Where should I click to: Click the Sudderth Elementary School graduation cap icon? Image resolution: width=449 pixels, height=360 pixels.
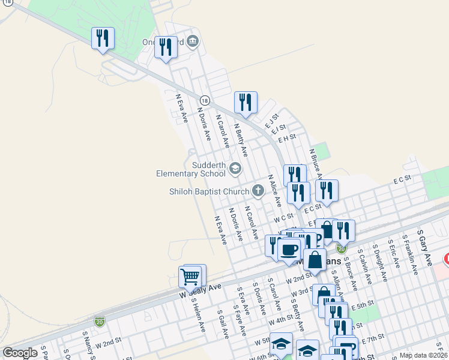tap(235, 168)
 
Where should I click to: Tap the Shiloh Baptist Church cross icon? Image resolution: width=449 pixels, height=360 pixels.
tap(258, 191)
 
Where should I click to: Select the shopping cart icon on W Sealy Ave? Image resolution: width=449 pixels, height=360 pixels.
tap(190, 277)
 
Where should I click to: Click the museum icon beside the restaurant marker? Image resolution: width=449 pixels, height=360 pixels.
tap(193, 41)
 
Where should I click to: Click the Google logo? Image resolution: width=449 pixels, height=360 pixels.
tap(20, 353)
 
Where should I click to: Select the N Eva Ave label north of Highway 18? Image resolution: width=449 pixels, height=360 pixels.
tap(181, 109)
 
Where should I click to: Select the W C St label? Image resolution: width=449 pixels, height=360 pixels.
tap(283, 218)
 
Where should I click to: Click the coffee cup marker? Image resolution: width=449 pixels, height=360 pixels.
tap(289, 250)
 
